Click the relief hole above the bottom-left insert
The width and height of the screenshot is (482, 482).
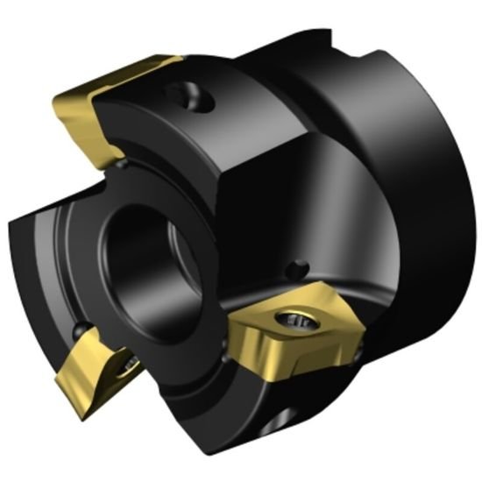[80, 330]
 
